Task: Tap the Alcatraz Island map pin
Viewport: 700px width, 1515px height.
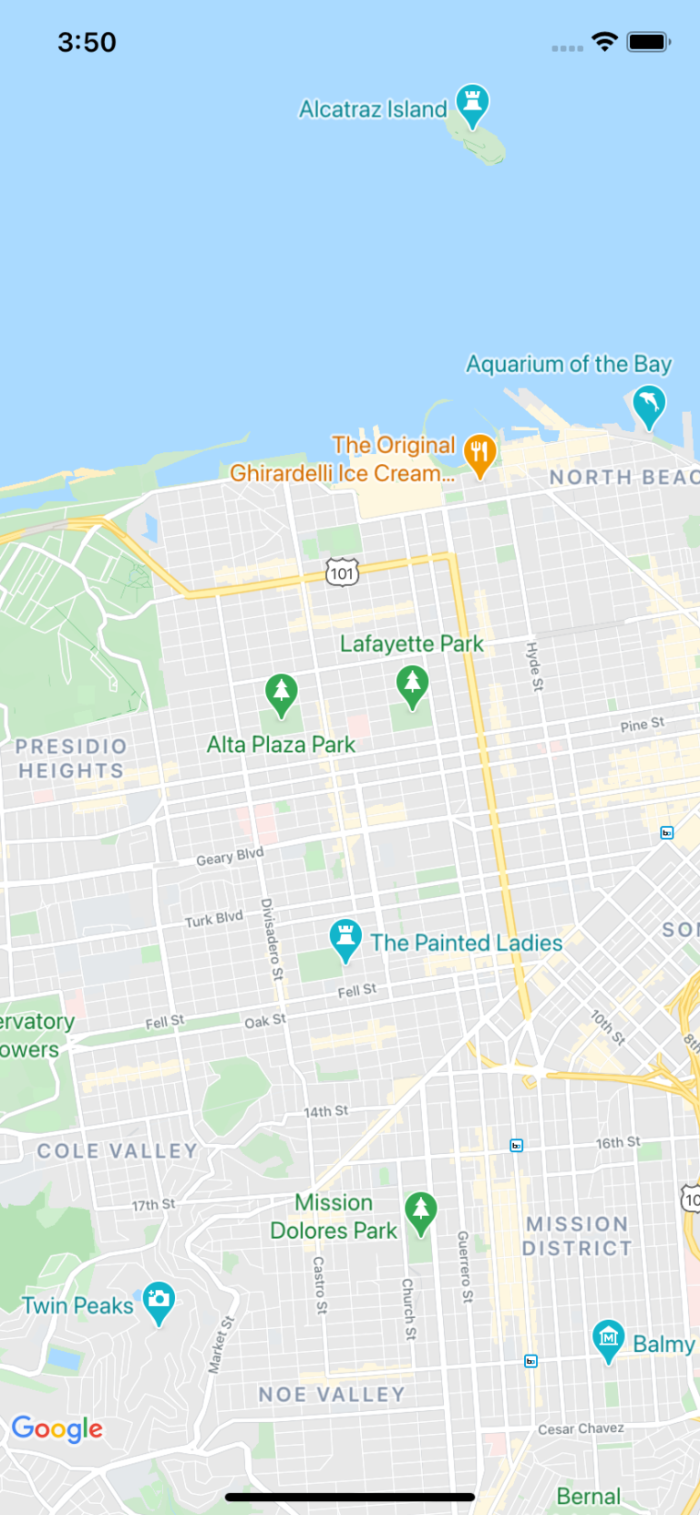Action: coord(472,104)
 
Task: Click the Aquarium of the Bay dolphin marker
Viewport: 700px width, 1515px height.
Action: coord(649,404)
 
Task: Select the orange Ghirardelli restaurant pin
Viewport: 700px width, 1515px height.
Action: coord(479,453)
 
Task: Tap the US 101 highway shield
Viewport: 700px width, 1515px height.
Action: coord(342,572)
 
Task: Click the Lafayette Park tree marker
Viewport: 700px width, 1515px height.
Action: coord(413,684)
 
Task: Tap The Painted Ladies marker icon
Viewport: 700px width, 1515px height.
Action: coord(345,938)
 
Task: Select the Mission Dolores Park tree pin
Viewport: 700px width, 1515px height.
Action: coord(420,1211)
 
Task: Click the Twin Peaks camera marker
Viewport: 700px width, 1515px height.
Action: coord(159,1301)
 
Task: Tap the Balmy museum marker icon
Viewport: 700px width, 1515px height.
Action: coord(608,1339)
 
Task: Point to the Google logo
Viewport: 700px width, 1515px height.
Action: coord(57,1428)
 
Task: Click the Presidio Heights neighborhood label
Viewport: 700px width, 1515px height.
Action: coord(71,758)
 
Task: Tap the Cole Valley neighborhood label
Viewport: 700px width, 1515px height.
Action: coord(117,1151)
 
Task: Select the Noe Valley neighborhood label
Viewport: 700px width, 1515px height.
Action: coord(332,1395)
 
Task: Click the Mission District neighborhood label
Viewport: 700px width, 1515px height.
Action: coord(577,1236)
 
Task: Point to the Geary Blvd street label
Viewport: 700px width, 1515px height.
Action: coord(230,856)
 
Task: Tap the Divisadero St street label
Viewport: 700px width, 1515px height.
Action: coord(272,939)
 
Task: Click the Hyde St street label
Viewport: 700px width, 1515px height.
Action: coord(535,666)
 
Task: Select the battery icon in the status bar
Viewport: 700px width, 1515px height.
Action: coord(648,42)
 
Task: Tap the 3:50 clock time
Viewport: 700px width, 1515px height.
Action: coord(87,42)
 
